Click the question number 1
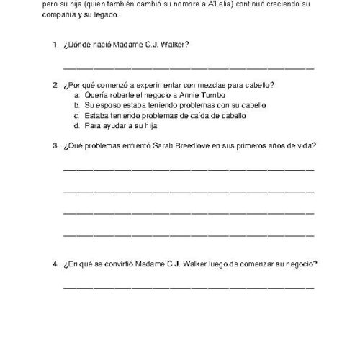pyautogui.click(x=55, y=45)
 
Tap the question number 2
pyautogui.click(x=55, y=85)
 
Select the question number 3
pyautogui.click(x=55, y=146)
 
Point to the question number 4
pyautogui.click(x=55, y=264)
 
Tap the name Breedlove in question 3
pyautogui.click(x=194, y=146)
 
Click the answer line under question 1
pyautogui.click(x=189, y=68)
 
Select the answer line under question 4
pyautogui.click(x=189, y=287)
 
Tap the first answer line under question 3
pyautogui.click(x=189, y=169)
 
